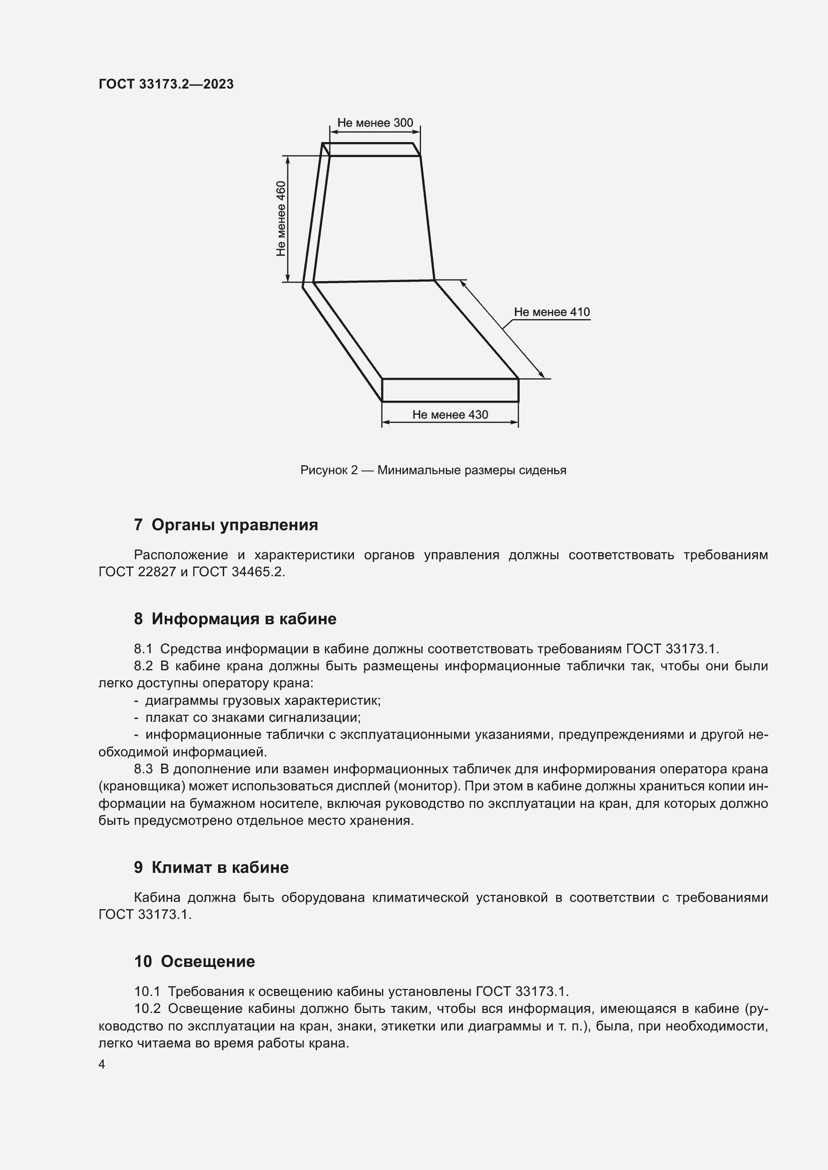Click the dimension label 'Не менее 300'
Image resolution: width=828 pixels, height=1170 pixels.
tap(375, 123)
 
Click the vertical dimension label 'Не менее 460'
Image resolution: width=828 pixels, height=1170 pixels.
tap(281, 219)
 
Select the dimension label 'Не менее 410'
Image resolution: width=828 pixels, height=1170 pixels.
tap(551, 312)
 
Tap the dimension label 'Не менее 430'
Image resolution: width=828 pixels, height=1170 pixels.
tap(450, 415)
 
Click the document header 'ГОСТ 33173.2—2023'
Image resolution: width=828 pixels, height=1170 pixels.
tap(166, 84)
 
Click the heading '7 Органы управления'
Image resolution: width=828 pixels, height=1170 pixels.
tap(225, 525)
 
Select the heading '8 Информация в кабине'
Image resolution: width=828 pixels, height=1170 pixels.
tap(235, 619)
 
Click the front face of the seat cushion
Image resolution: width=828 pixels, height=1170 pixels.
tap(450, 390)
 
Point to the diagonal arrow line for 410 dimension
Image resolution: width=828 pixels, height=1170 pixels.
tap(502, 330)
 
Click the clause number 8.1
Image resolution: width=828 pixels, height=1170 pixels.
tap(143, 649)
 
